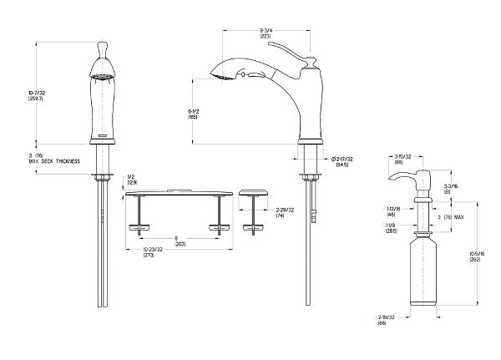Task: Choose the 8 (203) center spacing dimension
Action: [175, 241]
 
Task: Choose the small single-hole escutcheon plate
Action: [253, 193]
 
